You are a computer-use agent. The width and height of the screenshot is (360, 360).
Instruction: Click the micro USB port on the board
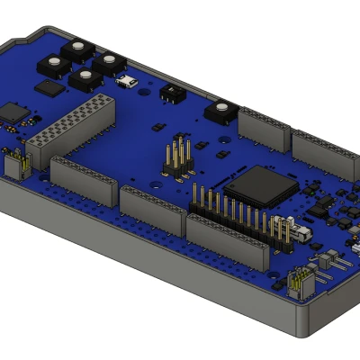tap(127, 83)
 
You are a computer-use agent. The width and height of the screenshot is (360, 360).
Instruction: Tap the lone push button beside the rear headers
tap(220, 112)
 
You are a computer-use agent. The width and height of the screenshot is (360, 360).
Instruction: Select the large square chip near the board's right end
tap(260, 184)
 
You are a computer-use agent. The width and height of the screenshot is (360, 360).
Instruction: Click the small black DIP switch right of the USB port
tap(169, 92)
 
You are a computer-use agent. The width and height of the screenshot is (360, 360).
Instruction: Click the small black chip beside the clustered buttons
tap(49, 88)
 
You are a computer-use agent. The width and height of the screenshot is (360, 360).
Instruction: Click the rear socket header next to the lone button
tap(263, 129)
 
